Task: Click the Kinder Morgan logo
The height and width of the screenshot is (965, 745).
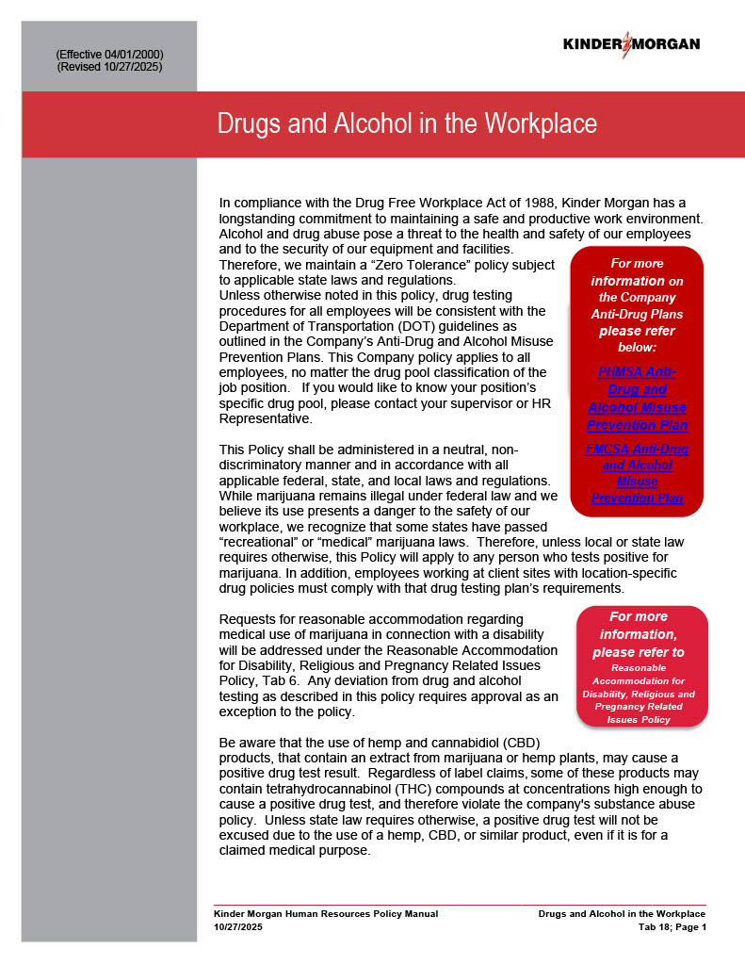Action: coord(631,43)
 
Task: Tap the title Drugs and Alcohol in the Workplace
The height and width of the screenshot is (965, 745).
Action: coord(407,123)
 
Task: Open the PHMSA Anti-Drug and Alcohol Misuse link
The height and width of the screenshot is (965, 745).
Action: coord(637,398)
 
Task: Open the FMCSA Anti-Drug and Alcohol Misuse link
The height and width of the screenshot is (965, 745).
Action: coord(637,473)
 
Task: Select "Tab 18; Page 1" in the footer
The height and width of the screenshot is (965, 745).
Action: coord(672,926)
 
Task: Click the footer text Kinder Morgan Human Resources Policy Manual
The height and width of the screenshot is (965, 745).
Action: coord(326,913)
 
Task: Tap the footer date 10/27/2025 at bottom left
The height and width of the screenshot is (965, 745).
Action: coord(238,926)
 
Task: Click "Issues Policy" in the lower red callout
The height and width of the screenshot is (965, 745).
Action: coord(640,719)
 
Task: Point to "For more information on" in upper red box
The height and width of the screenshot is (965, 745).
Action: coord(637,271)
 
